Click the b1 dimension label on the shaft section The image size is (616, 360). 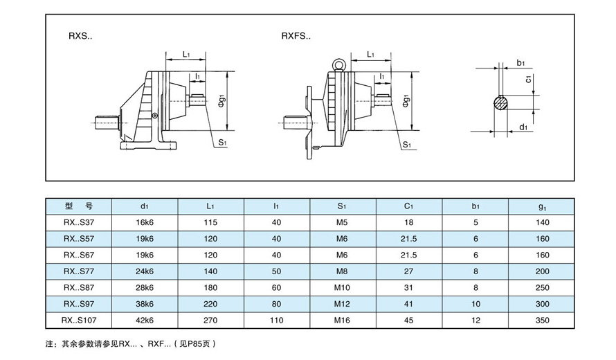[x=521, y=63]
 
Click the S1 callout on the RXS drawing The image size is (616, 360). [x=223, y=142]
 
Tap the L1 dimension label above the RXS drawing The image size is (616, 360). [x=187, y=54]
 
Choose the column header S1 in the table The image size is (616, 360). [x=342, y=206]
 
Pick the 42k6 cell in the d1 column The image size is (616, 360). [x=144, y=320]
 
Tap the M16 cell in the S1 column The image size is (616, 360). [x=342, y=320]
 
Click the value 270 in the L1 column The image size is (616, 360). [x=210, y=320]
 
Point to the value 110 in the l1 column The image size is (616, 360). [x=276, y=320]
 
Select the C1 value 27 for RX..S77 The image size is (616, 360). [x=408, y=271]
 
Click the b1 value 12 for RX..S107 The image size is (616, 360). [x=475, y=320]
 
